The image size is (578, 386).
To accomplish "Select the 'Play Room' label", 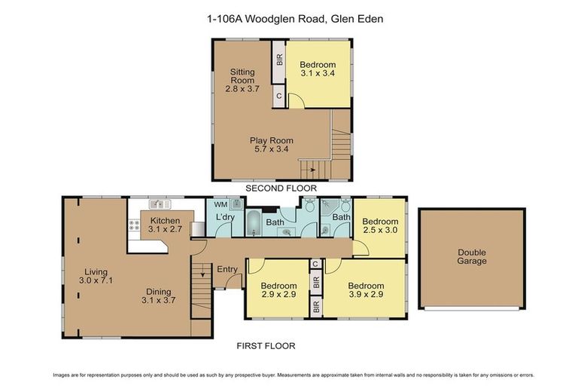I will coord(272,145).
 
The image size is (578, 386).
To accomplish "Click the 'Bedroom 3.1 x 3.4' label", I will coord(318,69).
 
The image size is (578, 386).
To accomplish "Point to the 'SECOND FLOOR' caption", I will coord(281,188).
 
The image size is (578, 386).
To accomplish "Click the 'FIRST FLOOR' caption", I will coord(266,346).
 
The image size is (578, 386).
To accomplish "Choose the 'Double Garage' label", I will coord(472,256).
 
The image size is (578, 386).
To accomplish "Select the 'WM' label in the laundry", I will coord(221,204).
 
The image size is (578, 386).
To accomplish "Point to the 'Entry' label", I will coord(227,269).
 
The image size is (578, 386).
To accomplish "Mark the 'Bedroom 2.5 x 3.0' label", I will coord(379,226).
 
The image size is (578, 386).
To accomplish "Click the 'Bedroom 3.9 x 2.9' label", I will coord(366,290).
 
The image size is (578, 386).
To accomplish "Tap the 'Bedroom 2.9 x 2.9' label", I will coord(278,290).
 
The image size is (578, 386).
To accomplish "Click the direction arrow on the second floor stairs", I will coord(312,170).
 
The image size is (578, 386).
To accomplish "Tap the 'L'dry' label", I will coord(224,218).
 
